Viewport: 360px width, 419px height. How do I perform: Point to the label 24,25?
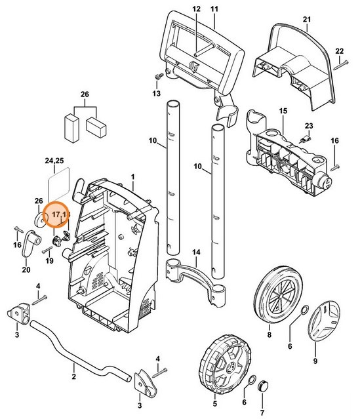[54, 161]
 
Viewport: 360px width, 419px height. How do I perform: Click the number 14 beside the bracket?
[195, 252]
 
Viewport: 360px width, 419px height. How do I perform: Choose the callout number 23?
[308, 126]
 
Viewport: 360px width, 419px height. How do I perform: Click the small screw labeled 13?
[157, 77]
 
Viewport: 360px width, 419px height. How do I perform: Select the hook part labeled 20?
[30, 249]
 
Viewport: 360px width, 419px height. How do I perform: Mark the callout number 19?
[48, 262]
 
